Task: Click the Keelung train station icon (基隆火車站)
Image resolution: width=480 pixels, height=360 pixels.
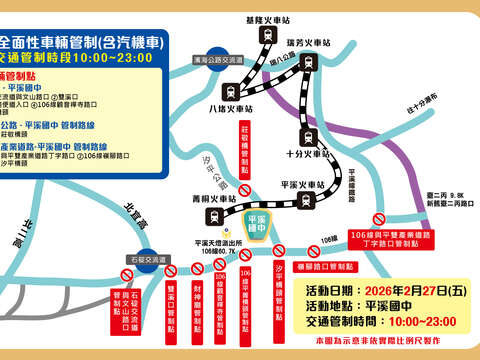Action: pos(267,35)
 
